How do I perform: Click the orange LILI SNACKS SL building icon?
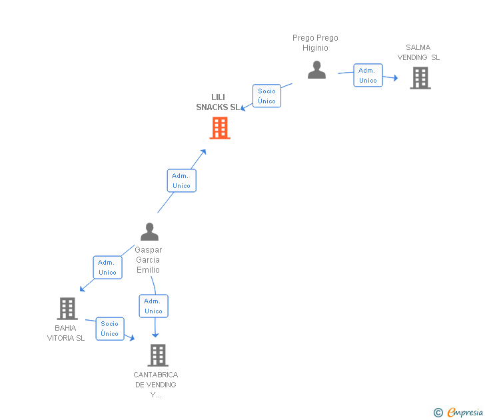tap(220, 127)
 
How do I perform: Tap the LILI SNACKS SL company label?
tap(218, 102)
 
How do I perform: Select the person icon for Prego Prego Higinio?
tap(317, 69)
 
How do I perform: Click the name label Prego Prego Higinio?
tap(315, 43)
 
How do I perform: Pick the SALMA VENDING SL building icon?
tap(420, 78)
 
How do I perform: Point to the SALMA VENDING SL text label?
tap(418, 52)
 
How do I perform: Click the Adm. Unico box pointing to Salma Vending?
tap(368, 75)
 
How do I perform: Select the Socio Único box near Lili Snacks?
tap(266, 96)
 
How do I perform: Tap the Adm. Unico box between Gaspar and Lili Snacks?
tap(181, 181)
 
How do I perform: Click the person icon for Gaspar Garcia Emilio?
tap(149, 232)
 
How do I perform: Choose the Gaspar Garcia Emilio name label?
tap(148, 260)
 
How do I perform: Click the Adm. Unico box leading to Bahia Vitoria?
tap(107, 267)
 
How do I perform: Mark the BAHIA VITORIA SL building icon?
tap(67, 308)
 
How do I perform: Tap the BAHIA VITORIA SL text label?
tap(66, 333)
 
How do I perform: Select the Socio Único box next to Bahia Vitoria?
tap(110, 329)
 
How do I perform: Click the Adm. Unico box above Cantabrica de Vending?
tap(153, 306)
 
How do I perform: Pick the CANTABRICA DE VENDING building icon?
tap(157, 355)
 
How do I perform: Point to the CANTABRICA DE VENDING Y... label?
tap(156, 385)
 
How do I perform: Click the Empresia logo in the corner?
tap(464, 412)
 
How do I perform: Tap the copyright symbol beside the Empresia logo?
tap(438, 413)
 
